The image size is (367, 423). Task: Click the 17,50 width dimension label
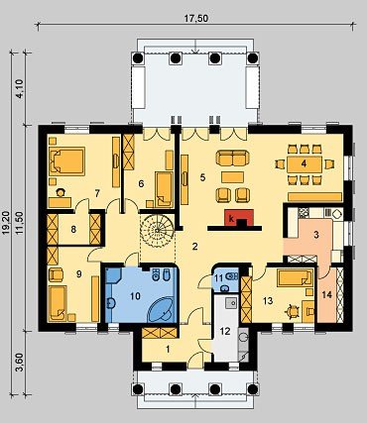click(196, 19)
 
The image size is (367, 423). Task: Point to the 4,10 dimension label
click(20, 88)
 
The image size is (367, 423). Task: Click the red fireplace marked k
click(239, 218)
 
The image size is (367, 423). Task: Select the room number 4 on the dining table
click(304, 163)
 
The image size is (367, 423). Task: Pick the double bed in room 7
click(66, 160)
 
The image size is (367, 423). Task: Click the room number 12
click(225, 331)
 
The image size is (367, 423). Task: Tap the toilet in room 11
click(232, 276)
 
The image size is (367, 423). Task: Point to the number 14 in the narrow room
click(326, 294)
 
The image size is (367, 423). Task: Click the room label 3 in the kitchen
click(316, 235)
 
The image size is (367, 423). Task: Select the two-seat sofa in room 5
click(232, 158)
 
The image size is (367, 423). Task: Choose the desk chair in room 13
click(292, 311)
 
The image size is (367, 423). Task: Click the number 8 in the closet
click(73, 229)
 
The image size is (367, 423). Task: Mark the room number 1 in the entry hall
click(168, 349)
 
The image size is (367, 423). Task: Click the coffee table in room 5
click(232, 177)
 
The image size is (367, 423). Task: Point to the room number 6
click(141, 183)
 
